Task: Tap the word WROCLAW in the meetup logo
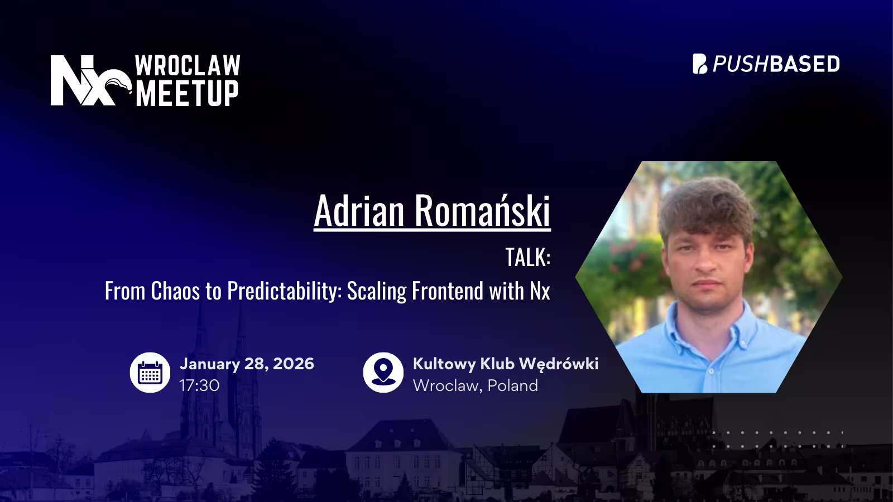tap(188, 66)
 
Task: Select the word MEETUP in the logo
tap(188, 93)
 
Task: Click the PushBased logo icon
tap(700, 64)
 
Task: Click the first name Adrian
tap(359, 211)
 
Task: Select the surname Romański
tap(482, 211)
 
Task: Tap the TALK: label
tap(527, 257)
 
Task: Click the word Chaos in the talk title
tap(175, 291)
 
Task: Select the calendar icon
tap(150, 373)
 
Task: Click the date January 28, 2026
tap(247, 364)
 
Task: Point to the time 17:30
tap(199, 385)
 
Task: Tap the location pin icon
tap(383, 373)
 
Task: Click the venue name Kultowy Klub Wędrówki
tap(505, 364)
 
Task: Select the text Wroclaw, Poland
tap(475, 385)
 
